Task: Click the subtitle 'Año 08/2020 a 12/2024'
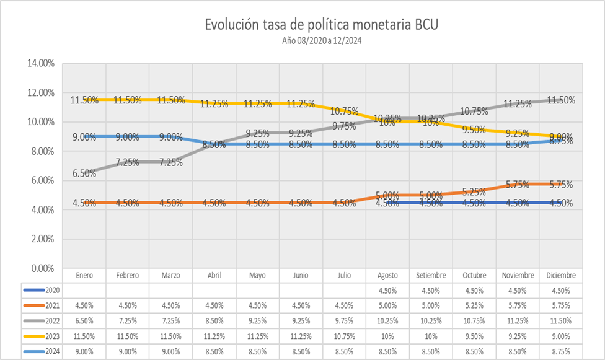point(317,41)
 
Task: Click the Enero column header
point(84,275)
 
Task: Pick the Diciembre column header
point(560,275)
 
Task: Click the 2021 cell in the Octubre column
point(474,305)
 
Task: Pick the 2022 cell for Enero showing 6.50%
point(84,321)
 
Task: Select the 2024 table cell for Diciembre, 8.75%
point(560,351)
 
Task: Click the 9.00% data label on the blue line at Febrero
point(127,137)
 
